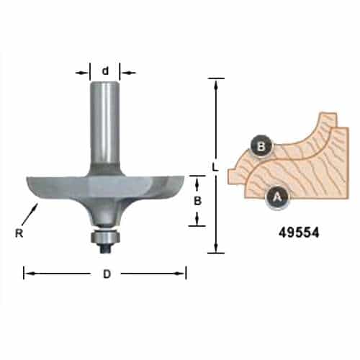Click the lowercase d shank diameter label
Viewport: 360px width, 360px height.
coord(105,71)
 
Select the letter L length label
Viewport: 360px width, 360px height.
coord(214,167)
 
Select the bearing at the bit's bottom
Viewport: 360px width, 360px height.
coord(105,235)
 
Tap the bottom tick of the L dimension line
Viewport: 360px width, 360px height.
coord(214,252)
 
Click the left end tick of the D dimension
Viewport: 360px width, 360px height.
coord(24,273)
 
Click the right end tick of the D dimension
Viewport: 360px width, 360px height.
coord(186,273)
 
